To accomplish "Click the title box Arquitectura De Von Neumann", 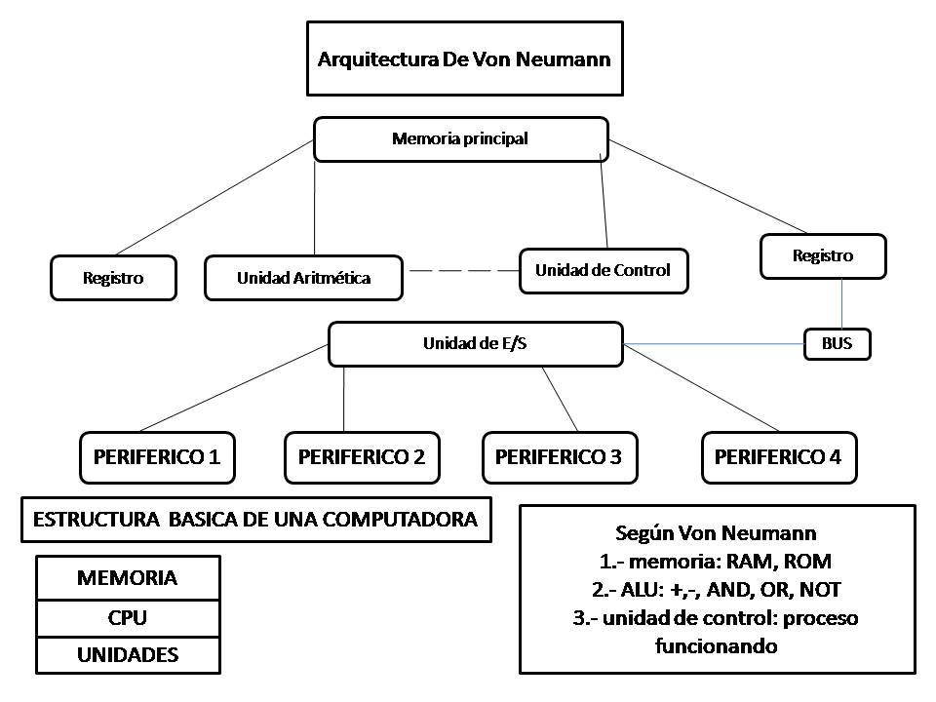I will pos(464,58).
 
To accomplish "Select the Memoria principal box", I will pos(460,138).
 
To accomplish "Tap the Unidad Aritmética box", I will pos(303,278).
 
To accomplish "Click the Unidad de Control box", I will pos(603,270).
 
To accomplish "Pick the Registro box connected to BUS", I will pos(822,256).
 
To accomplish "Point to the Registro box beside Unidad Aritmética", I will pos(113,278).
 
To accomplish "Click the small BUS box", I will pos(836,344).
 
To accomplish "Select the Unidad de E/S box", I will pos(475,344).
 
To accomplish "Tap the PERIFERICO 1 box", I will pos(157,456).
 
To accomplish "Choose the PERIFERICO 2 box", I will pos(362,456).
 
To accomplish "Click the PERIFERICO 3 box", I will pos(559,456).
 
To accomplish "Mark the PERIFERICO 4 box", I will pos(778,456).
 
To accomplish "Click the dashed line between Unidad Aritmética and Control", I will pos(461,270).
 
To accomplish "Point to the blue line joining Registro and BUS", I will pos(841,304).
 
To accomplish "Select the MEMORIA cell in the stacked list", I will pos(128,578).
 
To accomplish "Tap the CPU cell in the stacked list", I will pos(128,617).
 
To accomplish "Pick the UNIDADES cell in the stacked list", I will pos(128,654).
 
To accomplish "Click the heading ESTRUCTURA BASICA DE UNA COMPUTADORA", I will pos(255,520).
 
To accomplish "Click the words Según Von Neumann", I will pos(717,533).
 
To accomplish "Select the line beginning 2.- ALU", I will pos(717,589).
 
